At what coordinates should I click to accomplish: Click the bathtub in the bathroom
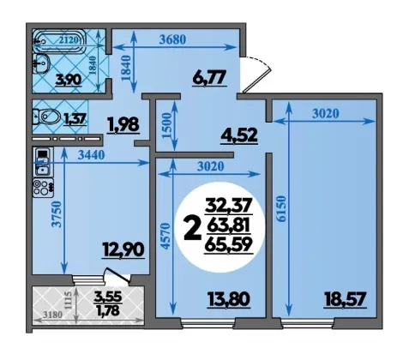pyautogui.click(x=58, y=41)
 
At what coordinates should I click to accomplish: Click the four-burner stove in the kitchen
pyautogui.click(x=43, y=188)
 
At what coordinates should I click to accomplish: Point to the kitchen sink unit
pyautogui.click(x=43, y=162)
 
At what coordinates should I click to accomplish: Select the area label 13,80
pyautogui.click(x=230, y=300)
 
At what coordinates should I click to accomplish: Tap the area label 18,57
pyautogui.click(x=345, y=300)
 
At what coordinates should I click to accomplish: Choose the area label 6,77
pyautogui.click(x=210, y=78)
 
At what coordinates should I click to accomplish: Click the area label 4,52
pyautogui.click(x=239, y=136)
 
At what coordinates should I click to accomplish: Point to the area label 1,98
pyautogui.click(x=123, y=125)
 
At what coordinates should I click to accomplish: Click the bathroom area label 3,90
pyautogui.click(x=69, y=79)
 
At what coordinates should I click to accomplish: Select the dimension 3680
pyautogui.click(x=172, y=39)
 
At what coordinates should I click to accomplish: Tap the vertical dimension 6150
pyautogui.click(x=281, y=208)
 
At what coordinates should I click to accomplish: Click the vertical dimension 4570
pyautogui.click(x=165, y=237)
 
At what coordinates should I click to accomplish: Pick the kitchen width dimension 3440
pyautogui.click(x=92, y=155)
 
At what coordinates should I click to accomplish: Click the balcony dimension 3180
pyautogui.click(x=52, y=315)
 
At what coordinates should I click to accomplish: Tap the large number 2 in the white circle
pyautogui.click(x=191, y=227)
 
